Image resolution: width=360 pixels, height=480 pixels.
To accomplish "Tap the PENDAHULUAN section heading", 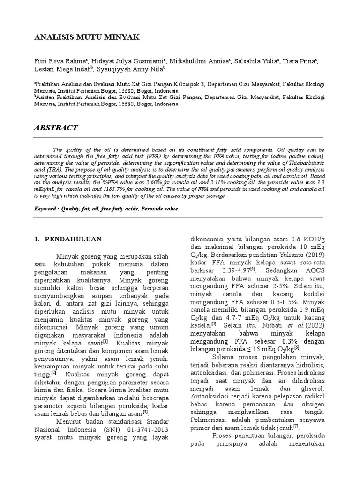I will coord(73,239).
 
